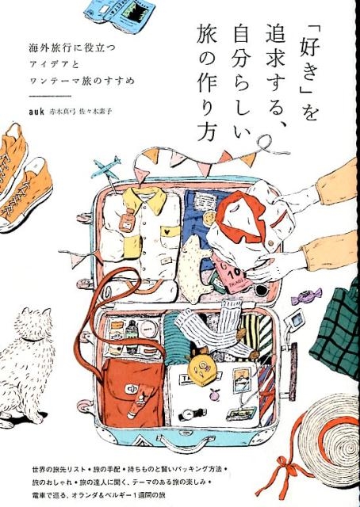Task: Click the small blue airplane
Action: [x=105, y=168]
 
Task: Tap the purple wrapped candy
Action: [x=307, y=296]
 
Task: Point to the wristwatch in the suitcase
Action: [x=193, y=414]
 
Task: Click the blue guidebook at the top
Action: [x=119, y=13]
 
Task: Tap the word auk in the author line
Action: [x=36, y=112]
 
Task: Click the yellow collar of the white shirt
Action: [x=144, y=199]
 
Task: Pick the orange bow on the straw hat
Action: [x=279, y=475]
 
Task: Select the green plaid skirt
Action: [x=337, y=330]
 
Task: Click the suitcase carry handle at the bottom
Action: [x=185, y=442]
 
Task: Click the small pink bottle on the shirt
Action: [x=127, y=219]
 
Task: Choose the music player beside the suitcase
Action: [x=297, y=318]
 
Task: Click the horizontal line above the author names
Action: [x=50, y=96]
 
